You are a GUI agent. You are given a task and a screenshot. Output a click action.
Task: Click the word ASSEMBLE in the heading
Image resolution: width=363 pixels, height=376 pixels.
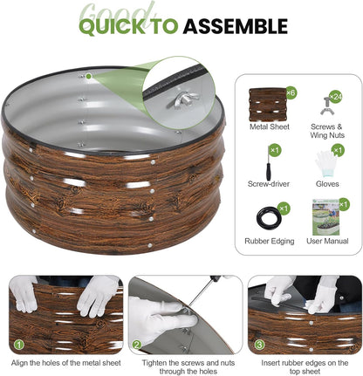[236, 26]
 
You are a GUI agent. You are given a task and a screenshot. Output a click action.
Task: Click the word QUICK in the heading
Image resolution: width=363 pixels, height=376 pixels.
[112, 26]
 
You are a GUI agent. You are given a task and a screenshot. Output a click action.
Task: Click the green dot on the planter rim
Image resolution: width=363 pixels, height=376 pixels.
[89, 76]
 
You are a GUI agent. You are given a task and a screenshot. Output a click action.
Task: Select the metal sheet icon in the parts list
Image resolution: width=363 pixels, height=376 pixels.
[268, 105]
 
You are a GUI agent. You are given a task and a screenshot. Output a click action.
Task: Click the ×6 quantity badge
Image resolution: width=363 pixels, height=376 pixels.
[291, 93]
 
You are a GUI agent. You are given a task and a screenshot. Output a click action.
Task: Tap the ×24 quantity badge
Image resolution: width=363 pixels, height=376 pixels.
[335, 96]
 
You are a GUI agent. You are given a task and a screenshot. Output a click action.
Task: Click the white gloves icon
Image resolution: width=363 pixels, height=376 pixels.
[325, 164]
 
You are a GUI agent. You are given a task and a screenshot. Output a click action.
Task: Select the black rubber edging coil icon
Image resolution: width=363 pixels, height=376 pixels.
[269, 217]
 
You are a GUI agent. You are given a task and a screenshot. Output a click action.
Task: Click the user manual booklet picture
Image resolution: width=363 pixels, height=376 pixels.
[325, 216]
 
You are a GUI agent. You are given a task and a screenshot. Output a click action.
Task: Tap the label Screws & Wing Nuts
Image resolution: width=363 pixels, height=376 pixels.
[327, 131]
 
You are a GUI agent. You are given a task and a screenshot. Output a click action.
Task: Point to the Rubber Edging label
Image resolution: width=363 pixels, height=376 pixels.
[270, 241]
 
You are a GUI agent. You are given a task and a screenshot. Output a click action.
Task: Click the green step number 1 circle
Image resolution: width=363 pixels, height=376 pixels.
[19, 345]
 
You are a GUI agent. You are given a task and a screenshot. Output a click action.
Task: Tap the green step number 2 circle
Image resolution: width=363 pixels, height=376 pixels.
[137, 345]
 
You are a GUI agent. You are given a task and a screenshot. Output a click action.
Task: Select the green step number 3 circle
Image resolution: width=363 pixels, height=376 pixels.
[259, 345]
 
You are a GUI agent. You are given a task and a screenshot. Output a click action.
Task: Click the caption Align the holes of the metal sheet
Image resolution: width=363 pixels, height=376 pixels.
[66, 363]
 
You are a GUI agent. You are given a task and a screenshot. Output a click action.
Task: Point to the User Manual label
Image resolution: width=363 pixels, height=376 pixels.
[327, 241]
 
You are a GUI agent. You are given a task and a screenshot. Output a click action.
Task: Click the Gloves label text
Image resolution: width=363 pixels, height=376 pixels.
[327, 184]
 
